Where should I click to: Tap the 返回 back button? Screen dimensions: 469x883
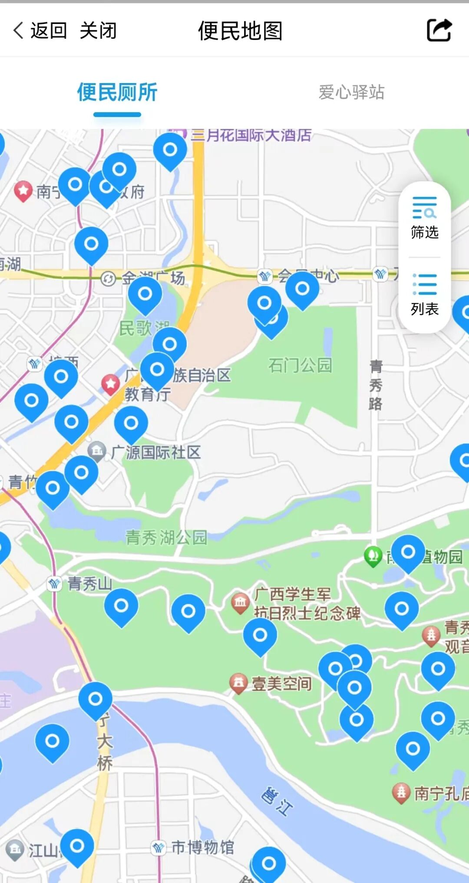click(x=40, y=31)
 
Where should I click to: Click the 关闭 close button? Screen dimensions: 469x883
click(x=98, y=31)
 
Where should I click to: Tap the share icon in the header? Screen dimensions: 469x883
click(x=439, y=30)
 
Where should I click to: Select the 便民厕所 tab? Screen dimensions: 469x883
click(x=117, y=92)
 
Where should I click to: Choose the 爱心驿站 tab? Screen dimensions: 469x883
click(x=351, y=92)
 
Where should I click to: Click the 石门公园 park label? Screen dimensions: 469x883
click(x=300, y=365)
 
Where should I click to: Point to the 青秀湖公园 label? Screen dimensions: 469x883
click(x=166, y=537)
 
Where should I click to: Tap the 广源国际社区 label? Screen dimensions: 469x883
click(x=155, y=453)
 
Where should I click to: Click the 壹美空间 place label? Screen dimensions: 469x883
click(x=282, y=684)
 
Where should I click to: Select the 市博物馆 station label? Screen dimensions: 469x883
click(x=202, y=847)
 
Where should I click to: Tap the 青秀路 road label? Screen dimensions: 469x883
click(x=376, y=385)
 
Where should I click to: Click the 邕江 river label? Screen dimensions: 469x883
click(x=277, y=801)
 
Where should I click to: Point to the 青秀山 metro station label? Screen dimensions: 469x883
click(x=89, y=583)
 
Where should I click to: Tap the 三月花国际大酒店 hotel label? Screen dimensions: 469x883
click(x=251, y=135)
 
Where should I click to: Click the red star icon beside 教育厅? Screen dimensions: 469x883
click(x=111, y=384)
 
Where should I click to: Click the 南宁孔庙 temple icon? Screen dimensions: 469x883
click(x=401, y=793)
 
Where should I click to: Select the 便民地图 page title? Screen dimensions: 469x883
click(x=240, y=31)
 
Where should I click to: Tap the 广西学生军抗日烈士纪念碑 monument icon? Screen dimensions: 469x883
click(x=240, y=603)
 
